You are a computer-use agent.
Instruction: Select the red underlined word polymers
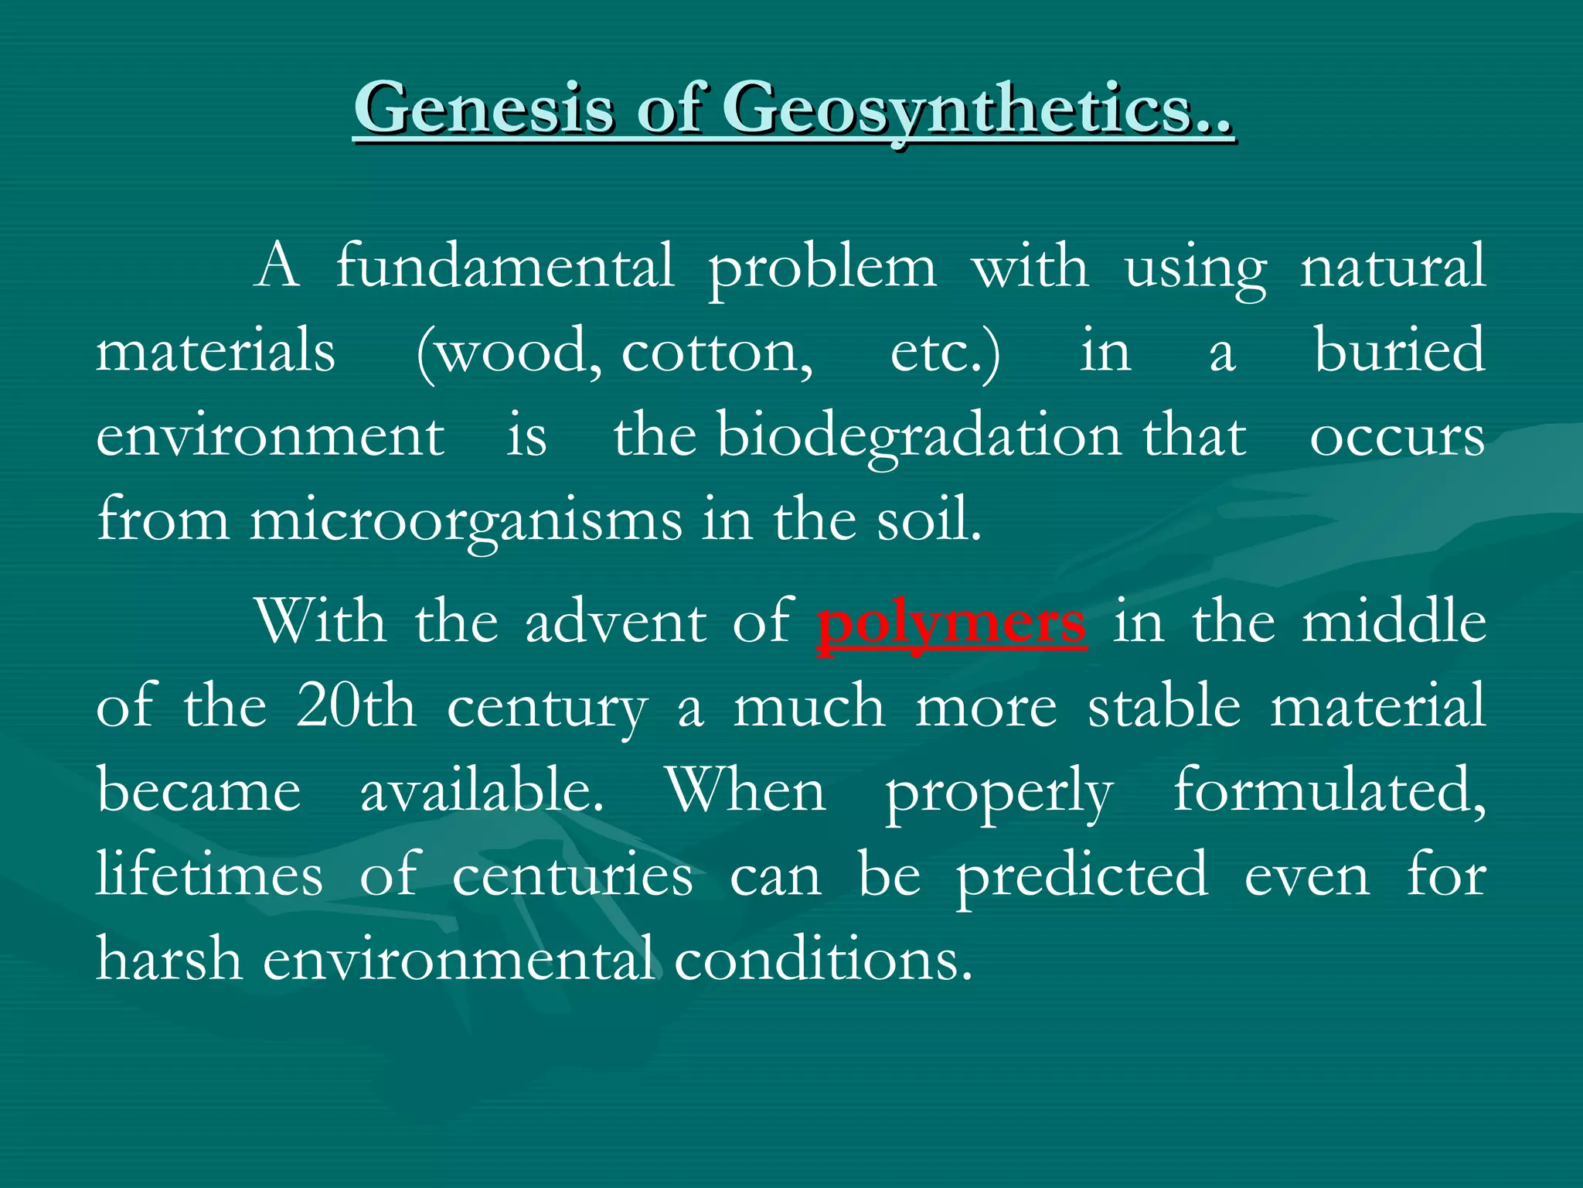point(952,623)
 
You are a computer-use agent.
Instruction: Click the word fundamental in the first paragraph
point(505,268)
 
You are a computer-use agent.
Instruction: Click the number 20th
point(356,706)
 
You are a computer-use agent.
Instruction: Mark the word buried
point(1400,351)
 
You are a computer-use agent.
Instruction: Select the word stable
point(1164,706)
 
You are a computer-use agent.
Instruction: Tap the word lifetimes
point(209,876)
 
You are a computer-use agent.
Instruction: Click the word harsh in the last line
point(169,960)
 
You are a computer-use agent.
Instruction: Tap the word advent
point(615,623)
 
